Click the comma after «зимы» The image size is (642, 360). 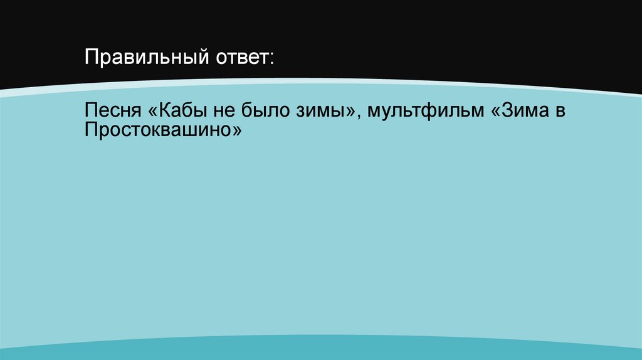[x=360, y=117]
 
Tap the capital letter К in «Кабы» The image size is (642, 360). [x=166, y=112]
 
